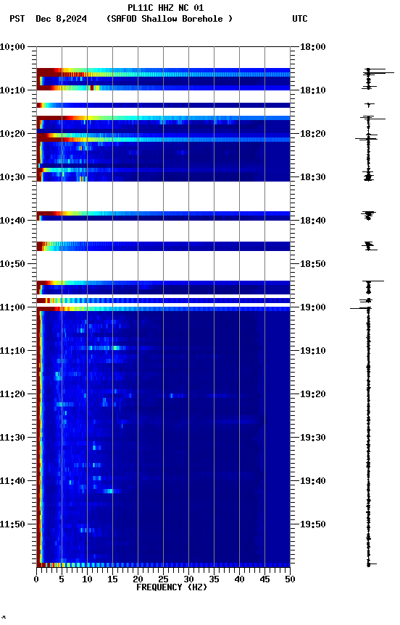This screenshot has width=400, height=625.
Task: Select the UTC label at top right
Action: pos(300,19)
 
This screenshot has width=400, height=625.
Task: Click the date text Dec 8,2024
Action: pos(61,19)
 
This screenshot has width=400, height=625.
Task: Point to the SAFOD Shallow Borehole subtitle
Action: pos(170,19)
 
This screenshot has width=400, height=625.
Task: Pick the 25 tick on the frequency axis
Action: pos(163,579)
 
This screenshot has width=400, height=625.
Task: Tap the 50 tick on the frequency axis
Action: pos(290,579)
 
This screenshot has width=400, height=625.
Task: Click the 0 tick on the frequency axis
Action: pos(36,579)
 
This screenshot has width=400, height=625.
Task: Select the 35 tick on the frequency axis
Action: pos(214,579)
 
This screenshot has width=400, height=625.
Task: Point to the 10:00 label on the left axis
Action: pos(13,47)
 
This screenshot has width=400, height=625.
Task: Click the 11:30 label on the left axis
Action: pos(13,438)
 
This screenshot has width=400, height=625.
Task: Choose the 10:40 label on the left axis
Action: pos(13,221)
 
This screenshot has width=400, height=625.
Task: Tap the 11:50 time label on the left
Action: pos(13,524)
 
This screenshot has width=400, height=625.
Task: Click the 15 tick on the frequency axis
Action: pos(112,579)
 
